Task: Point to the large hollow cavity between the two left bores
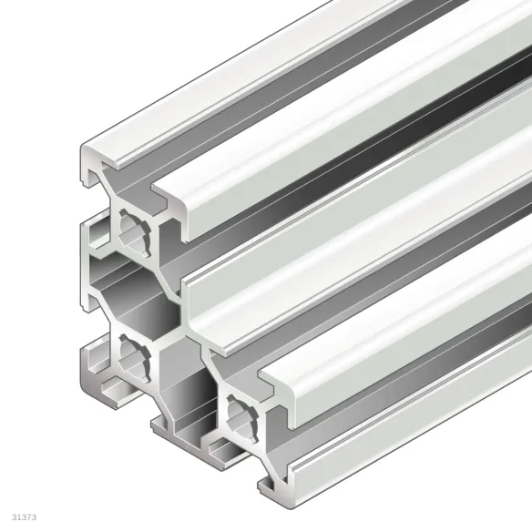click(x=128, y=292)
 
